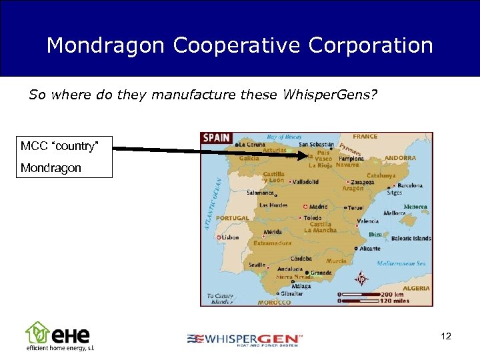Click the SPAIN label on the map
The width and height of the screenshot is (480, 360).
click(x=217, y=138)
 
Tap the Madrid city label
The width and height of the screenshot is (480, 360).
click(x=318, y=207)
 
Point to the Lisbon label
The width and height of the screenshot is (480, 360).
click(x=230, y=237)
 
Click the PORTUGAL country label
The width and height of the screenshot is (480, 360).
click(x=233, y=218)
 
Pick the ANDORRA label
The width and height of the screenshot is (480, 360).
click(x=400, y=158)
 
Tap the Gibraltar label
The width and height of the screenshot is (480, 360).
click(x=292, y=293)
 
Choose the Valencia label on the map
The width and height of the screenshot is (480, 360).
click(x=368, y=221)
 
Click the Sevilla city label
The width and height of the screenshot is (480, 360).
click(x=258, y=265)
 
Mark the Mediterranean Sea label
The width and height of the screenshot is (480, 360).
click(x=401, y=263)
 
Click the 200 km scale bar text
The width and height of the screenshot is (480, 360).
click(x=391, y=294)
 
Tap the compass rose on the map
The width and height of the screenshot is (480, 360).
click(x=361, y=279)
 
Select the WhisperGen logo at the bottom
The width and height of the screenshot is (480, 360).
click(x=245, y=339)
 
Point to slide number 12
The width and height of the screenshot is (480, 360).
click(x=446, y=337)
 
